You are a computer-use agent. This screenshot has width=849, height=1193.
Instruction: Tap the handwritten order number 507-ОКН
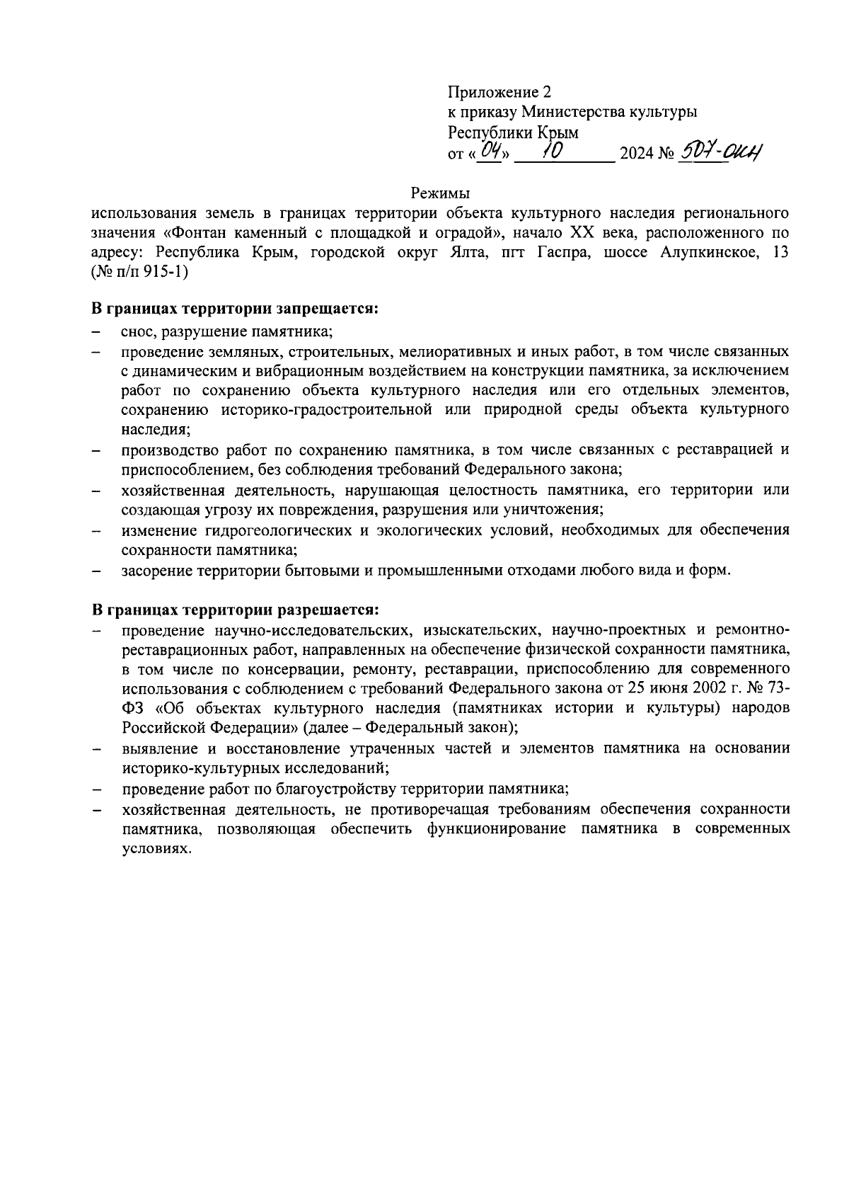pyautogui.click(x=721, y=151)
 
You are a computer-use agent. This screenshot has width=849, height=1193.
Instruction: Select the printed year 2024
pyautogui.click(x=636, y=153)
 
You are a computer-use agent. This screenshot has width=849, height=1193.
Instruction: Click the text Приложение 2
pyautogui.click(x=499, y=92)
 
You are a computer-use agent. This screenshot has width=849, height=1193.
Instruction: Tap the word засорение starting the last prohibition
pyautogui.click(x=155, y=570)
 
